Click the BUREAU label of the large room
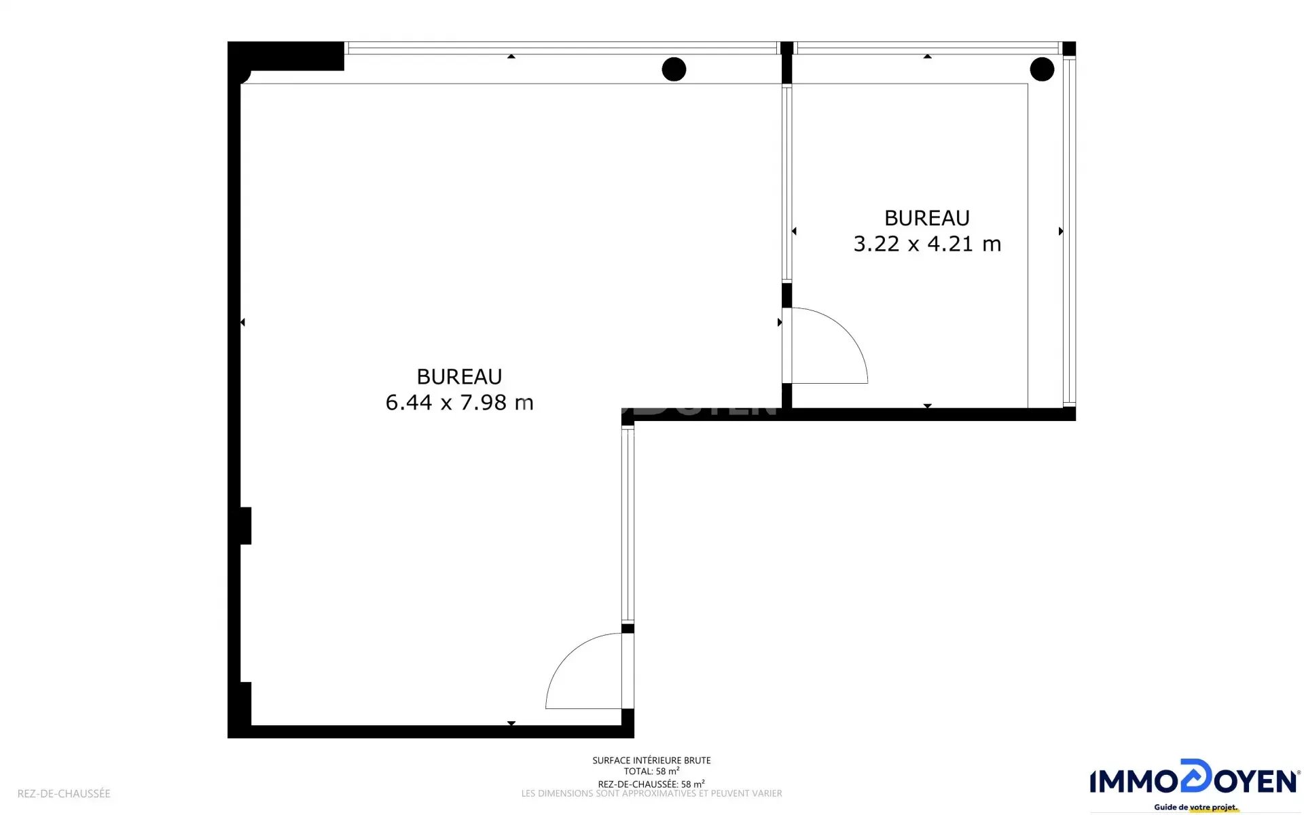pos(459,376)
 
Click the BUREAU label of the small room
pos(927,218)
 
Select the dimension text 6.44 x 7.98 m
pos(459,402)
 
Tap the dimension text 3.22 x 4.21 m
pos(927,244)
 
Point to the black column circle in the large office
pos(674,69)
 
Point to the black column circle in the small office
pos(1042,69)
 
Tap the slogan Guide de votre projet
pos(1196,808)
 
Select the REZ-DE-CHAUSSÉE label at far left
pos(64,793)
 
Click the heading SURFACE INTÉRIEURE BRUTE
pos(651,761)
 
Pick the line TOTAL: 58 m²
pos(651,772)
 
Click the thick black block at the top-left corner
pos(286,56)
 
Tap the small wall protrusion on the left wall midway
pos(246,526)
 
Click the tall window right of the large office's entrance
pos(628,525)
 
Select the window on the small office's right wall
pos(1069,231)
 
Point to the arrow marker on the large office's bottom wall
pos(511,723)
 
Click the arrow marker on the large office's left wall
pos(242,322)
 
